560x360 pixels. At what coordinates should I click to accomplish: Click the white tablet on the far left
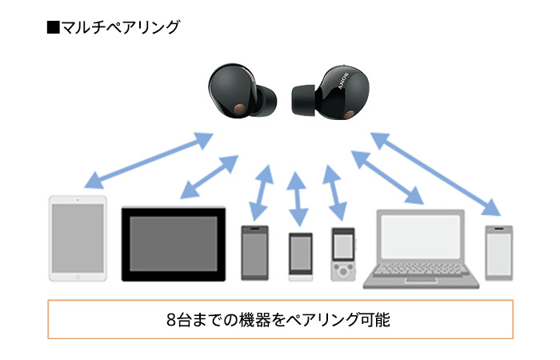click(x=78, y=238)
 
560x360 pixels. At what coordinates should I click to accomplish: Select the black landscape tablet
click(x=173, y=244)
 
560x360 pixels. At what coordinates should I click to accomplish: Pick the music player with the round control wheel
click(x=342, y=254)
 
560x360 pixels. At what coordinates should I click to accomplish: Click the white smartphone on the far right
click(x=499, y=252)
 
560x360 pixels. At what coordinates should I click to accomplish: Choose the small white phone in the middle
click(x=300, y=256)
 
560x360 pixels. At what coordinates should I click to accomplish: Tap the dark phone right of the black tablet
click(x=254, y=253)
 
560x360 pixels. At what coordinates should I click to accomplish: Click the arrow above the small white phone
click(x=298, y=197)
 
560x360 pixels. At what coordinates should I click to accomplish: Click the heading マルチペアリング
click(x=121, y=28)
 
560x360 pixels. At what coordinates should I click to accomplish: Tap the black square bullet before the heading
click(x=54, y=28)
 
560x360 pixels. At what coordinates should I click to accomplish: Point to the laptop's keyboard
click(x=421, y=271)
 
